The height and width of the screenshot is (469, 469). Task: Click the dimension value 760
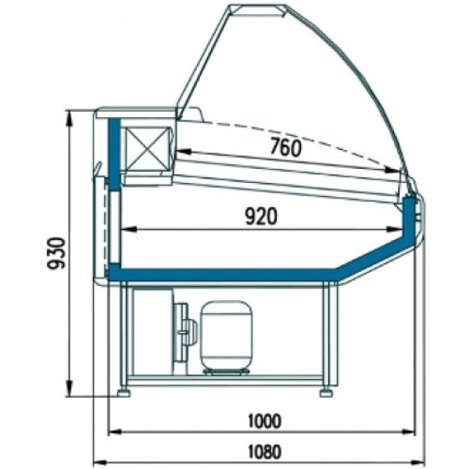pos(285,148)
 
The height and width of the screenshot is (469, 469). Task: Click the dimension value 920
pos(261,217)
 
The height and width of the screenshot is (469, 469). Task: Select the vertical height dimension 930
pos(56,253)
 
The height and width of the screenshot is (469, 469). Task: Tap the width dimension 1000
pos(265,421)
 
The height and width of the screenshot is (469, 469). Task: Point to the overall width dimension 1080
pos(265,452)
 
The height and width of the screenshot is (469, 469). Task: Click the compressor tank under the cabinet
pos(226,336)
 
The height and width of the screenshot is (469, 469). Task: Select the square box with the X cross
pos(147,149)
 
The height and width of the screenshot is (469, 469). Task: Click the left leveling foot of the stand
pos(124,392)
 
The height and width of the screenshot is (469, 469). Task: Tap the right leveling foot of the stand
pos(327,392)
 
